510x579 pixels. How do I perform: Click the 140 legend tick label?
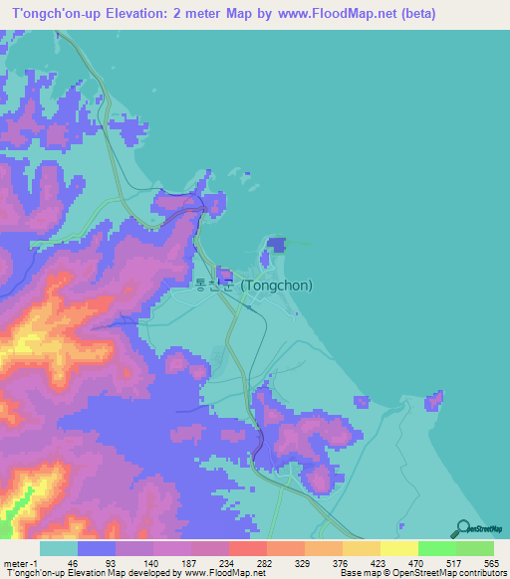[147, 562]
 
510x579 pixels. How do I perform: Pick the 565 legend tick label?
[488, 562]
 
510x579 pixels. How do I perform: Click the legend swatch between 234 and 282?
[247, 548]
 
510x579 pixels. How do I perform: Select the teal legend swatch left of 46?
[58, 548]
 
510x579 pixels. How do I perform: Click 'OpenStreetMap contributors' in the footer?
[449, 573]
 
